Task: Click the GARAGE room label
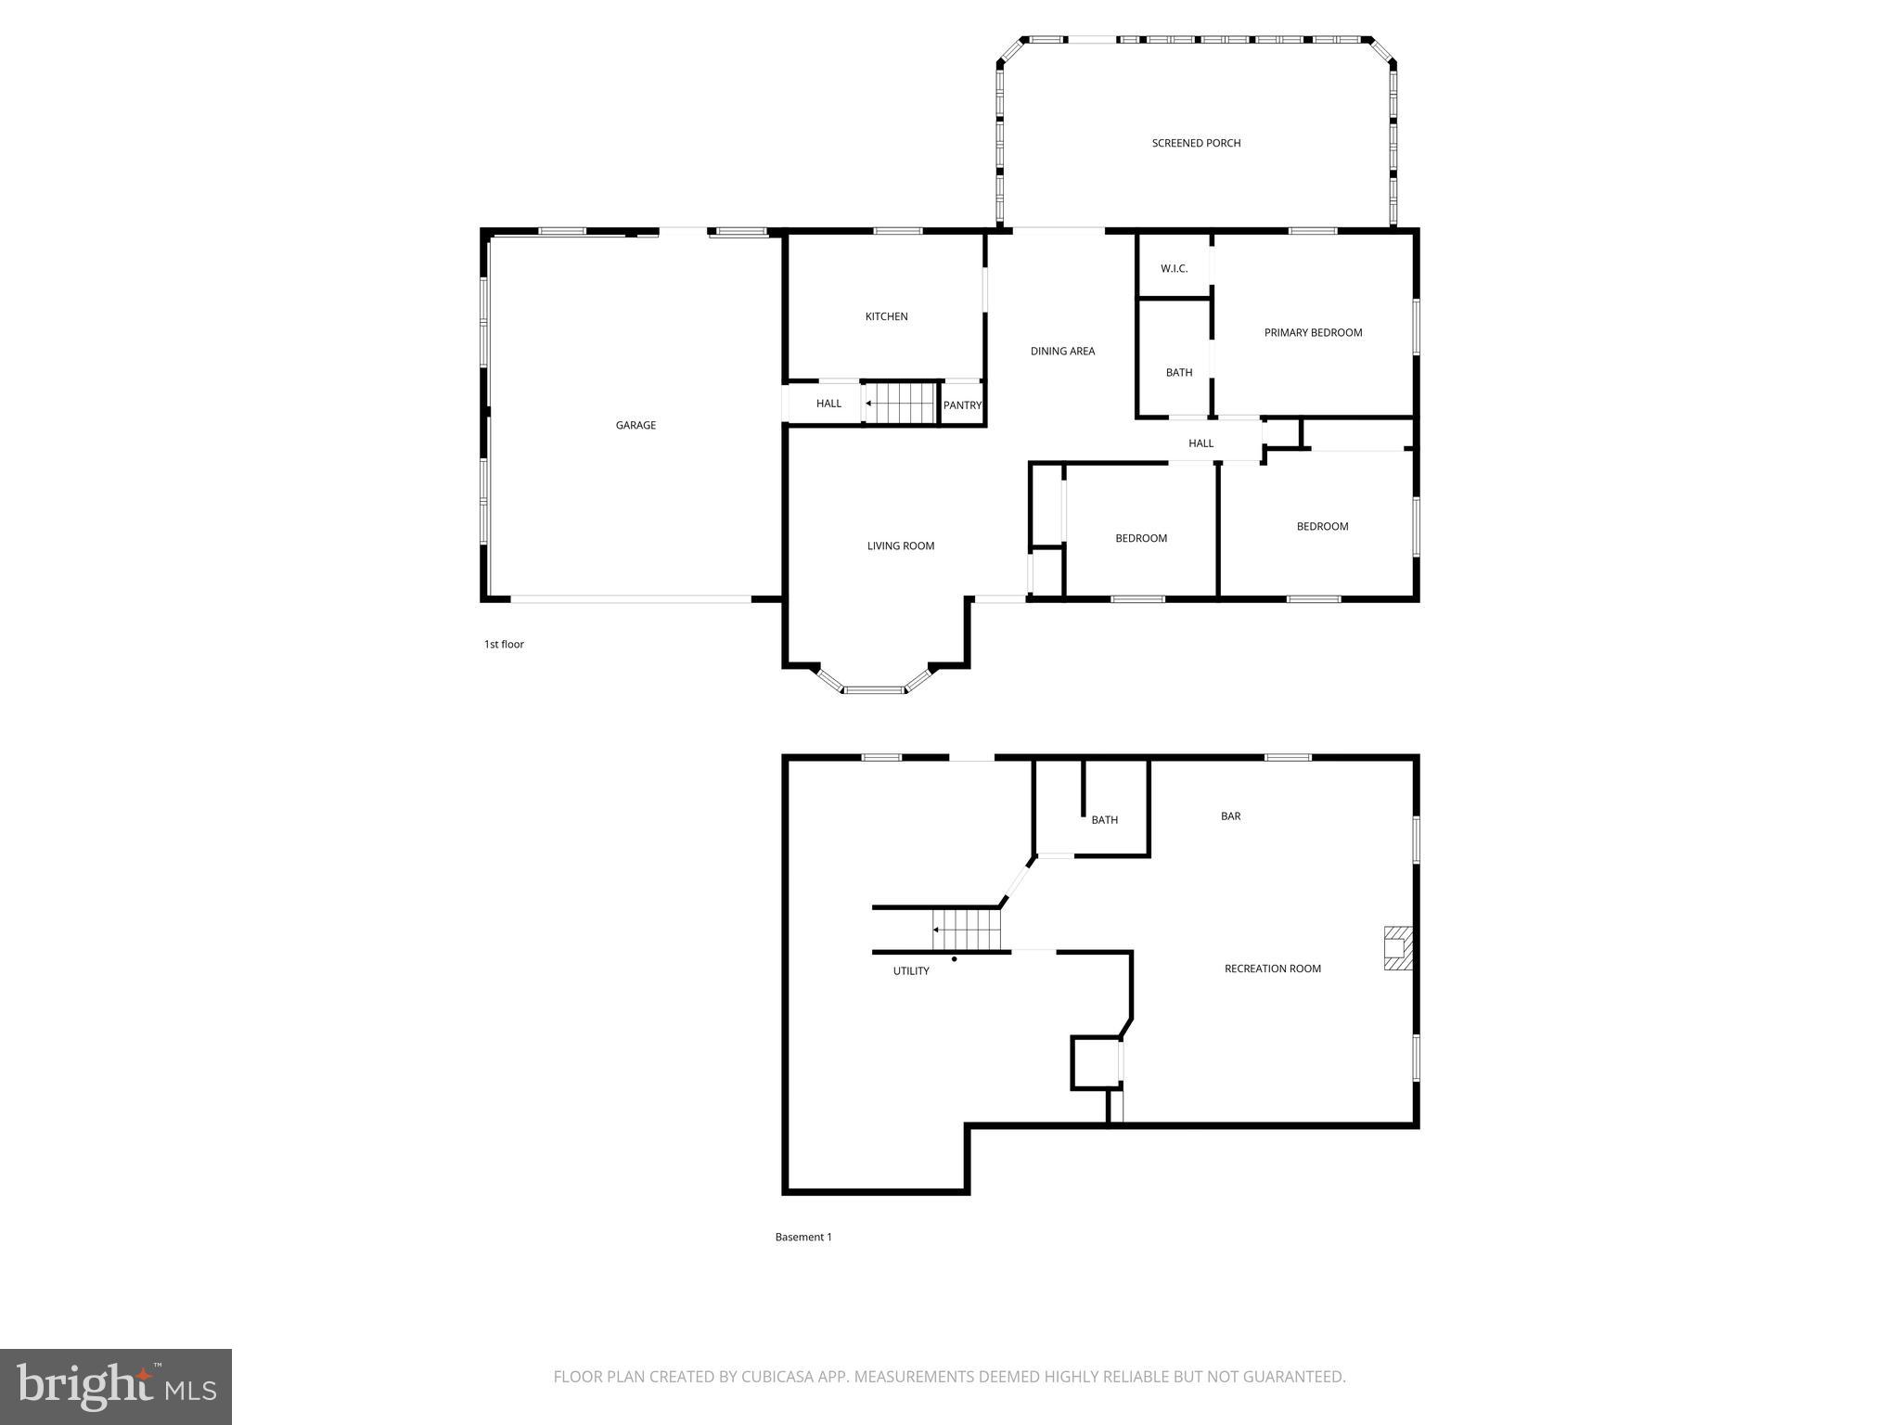635,426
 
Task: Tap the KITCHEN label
886,317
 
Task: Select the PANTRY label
962,405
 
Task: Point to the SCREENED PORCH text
1196,144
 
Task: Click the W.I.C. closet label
1174,269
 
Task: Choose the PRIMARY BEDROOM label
1313,333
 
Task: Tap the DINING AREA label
1062,352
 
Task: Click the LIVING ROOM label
900,546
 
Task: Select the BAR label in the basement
1230,816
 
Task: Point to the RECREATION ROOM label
1272,969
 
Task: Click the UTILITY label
911,971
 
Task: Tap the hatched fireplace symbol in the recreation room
1397,948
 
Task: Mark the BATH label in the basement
1104,820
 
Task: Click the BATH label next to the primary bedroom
1179,373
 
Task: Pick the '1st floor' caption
504,645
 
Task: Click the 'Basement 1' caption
803,1237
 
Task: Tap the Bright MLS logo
116,1387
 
